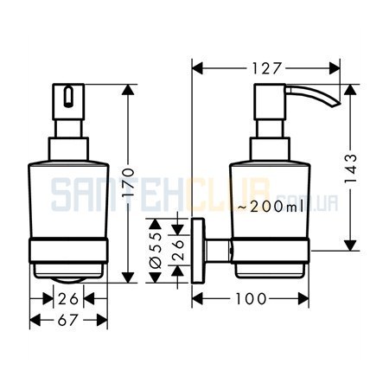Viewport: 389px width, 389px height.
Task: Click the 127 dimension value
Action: click(266, 69)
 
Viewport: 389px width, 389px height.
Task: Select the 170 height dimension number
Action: click(128, 182)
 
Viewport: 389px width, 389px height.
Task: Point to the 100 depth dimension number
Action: click(251, 298)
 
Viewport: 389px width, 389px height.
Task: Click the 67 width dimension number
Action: click(68, 320)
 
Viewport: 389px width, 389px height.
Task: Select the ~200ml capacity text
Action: click(271, 207)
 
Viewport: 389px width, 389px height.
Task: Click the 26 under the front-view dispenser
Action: click(68, 299)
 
